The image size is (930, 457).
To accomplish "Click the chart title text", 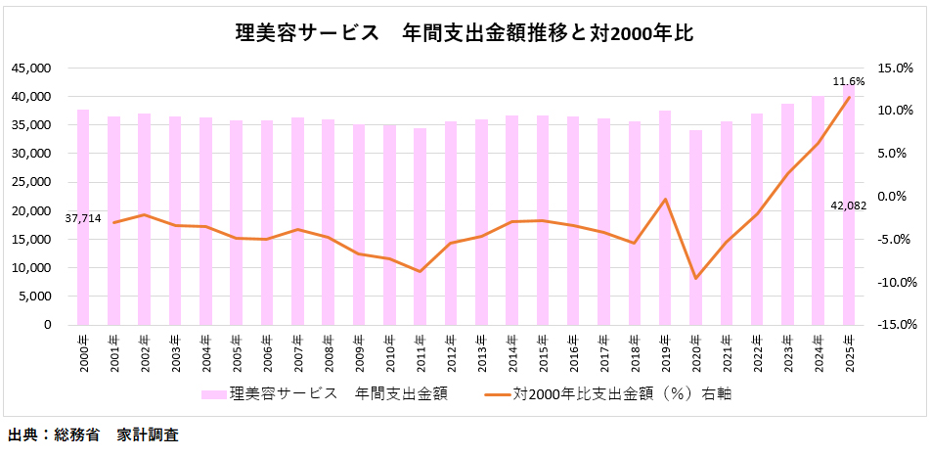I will [465, 33].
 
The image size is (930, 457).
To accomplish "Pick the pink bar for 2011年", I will [420, 226].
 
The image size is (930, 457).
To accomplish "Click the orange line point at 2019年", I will [665, 200].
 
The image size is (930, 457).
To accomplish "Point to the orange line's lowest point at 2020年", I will [695, 279].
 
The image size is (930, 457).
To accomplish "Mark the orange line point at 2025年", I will [848, 98].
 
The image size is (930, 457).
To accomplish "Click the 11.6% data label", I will [848, 81].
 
